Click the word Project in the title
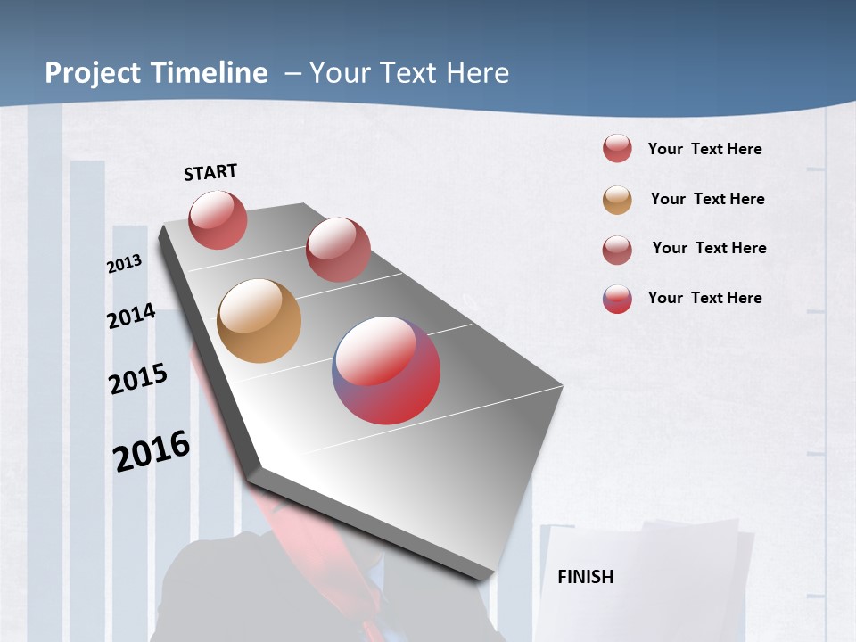93,73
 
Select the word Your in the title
338,73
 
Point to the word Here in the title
478,73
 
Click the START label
210,172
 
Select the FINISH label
586,577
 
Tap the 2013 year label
124,264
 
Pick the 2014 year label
131,317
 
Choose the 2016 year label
152,451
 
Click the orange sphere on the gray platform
259,321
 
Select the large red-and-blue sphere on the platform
386,370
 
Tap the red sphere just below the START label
218,219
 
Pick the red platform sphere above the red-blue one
338,250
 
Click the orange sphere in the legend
617,200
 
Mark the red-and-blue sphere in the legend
617,299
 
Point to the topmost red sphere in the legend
617,148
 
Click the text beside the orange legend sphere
707,199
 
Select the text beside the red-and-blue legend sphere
704,298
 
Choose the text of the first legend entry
704,149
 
